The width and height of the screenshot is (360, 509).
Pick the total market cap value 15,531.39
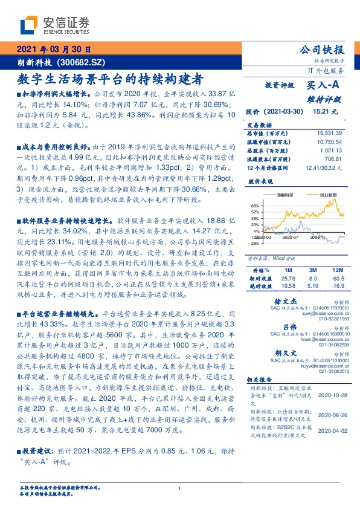329,132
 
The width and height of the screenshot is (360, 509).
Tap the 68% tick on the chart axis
255,206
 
